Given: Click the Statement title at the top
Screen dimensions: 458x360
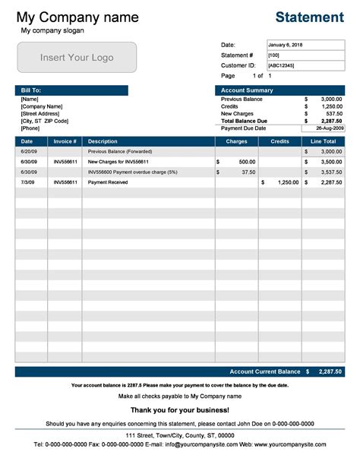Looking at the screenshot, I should pyautogui.click(x=309, y=17).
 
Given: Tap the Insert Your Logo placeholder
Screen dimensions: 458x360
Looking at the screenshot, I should pyautogui.click(x=77, y=58).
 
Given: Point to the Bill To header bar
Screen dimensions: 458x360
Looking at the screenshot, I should pyautogui.click(x=71, y=90).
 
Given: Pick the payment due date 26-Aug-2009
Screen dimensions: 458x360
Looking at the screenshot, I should pyautogui.click(x=326, y=128).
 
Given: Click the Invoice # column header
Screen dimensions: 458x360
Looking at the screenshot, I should pyautogui.click(x=65, y=141).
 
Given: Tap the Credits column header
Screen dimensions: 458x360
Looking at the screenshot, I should pyautogui.click(x=279, y=141).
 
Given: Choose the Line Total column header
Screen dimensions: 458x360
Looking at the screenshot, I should pyautogui.click(x=324, y=141).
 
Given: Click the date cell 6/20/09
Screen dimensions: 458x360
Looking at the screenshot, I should pyautogui.click(x=27, y=152).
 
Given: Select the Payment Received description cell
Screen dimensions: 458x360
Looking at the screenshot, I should pyautogui.click(x=107, y=182).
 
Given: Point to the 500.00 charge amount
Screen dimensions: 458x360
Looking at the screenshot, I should pyautogui.click(x=247, y=162).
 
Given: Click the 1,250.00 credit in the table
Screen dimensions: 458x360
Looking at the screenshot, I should pyautogui.click(x=288, y=182).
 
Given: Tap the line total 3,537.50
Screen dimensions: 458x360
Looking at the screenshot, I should pyautogui.click(x=330, y=172).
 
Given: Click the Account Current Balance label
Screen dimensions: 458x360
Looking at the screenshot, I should pyautogui.click(x=265, y=371).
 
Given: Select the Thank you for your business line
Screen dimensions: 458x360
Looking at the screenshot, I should pyautogui.click(x=179, y=410).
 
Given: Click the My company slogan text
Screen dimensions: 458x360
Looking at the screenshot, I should pyautogui.click(x=52, y=30).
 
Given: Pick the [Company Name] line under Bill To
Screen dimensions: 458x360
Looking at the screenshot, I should pyautogui.click(x=42, y=106).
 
